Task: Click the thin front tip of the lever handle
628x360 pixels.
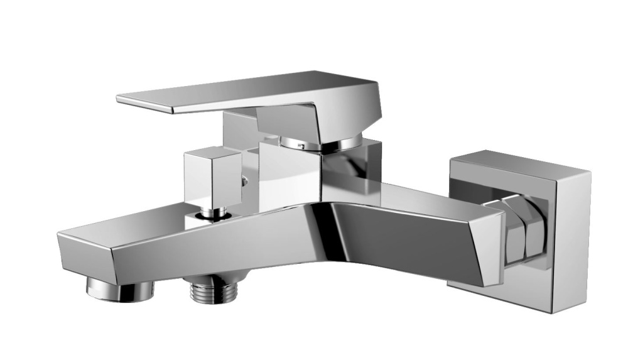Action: tap(126, 99)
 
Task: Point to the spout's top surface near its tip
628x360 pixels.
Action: tap(113, 229)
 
